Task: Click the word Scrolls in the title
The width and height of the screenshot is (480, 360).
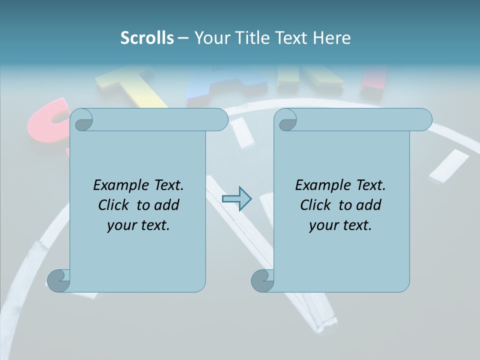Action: (x=147, y=38)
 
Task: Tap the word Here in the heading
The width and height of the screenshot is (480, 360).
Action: (x=332, y=38)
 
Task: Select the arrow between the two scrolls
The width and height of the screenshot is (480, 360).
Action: (x=236, y=199)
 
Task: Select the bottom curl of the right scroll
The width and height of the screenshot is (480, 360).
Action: (x=262, y=280)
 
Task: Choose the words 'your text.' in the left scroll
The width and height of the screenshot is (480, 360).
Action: (x=138, y=225)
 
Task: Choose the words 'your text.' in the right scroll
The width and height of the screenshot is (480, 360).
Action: (x=340, y=225)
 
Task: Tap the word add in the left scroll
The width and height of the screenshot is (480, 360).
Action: (x=166, y=205)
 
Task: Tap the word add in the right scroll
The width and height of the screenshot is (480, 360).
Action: (x=368, y=205)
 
